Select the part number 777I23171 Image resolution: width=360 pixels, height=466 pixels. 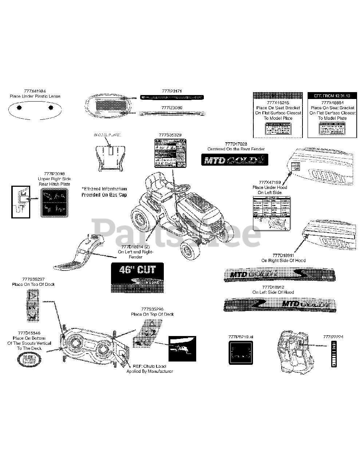(x=172, y=91)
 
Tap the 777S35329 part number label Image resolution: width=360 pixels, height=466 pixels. (x=170, y=135)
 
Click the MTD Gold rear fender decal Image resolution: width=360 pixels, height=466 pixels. (x=234, y=159)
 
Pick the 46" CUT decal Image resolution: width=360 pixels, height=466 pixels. (x=137, y=277)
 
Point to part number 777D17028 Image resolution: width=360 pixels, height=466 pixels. (x=236, y=144)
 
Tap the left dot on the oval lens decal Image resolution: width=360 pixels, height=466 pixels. (x=19, y=107)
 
